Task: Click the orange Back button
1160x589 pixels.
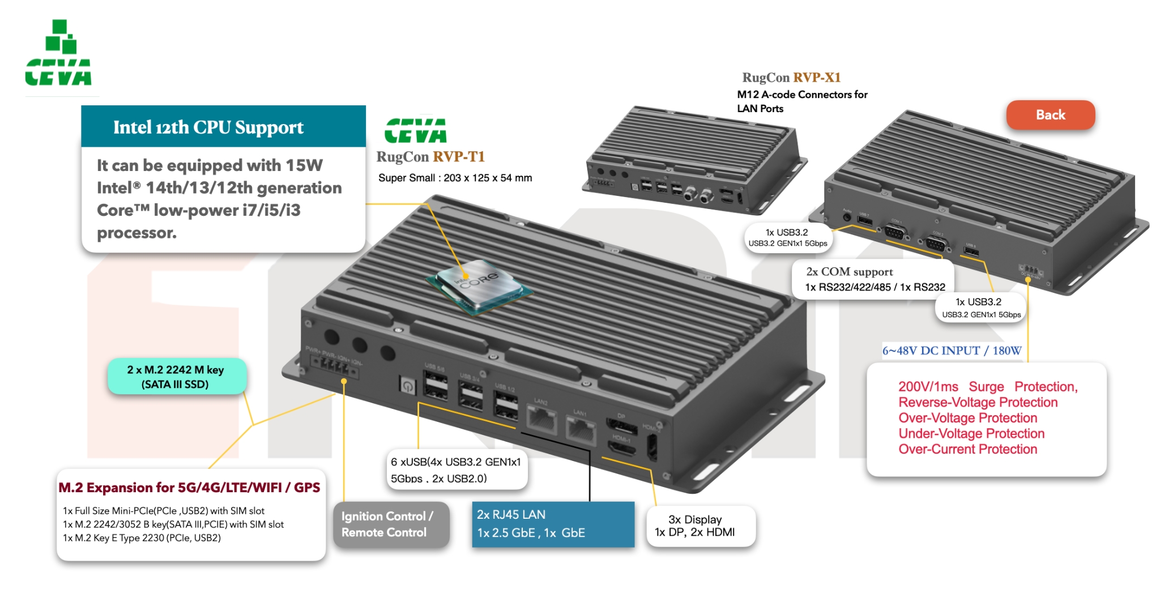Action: [x=1050, y=115]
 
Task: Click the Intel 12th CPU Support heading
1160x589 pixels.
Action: [x=208, y=127]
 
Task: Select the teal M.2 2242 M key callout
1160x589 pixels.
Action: [x=176, y=377]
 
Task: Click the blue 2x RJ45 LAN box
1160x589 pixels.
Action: [x=553, y=524]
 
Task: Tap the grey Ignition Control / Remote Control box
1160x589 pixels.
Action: [x=391, y=524]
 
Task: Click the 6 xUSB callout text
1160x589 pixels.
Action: [x=456, y=470]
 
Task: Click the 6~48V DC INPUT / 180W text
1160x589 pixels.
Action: [x=952, y=351]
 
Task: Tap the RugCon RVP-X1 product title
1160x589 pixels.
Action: [x=791, y=78]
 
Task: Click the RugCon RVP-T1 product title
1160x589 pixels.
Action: [x=430, y=157]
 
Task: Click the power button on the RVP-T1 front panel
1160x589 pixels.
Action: [x=407, y=386]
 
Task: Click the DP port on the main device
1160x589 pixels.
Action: [x=622, y=426]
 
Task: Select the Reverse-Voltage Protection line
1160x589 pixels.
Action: [x=978, y=403]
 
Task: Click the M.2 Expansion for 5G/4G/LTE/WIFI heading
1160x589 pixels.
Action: [x=189, y=488]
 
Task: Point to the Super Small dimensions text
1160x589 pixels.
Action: [x=455, y=178]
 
